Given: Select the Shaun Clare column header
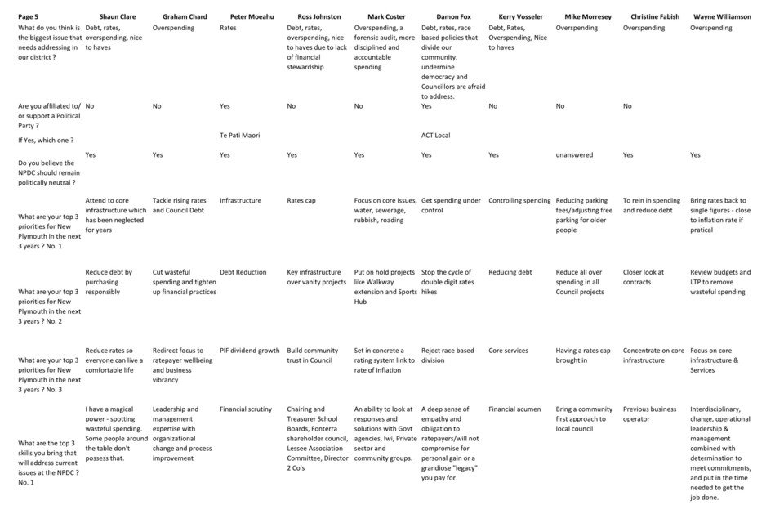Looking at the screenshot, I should (x=118, y=16).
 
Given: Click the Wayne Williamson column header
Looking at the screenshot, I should (x=722, y=16).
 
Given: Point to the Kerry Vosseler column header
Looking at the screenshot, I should (x=520, y=16).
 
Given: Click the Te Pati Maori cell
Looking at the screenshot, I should (x=240, y=136).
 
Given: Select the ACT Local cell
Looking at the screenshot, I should (x=435, y=136).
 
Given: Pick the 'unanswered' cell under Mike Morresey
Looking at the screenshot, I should (x=574, y=155).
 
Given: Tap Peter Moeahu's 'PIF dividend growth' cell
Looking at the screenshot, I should (x=249, y=351).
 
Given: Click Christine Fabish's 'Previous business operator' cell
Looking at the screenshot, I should (x=650, y=414).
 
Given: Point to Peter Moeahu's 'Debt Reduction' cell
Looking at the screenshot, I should (x=243, y=273).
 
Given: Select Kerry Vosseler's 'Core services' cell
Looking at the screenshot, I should (x=508, y=351).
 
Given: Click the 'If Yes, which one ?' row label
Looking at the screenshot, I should (x=46, y=141).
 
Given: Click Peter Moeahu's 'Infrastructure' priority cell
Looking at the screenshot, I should (x=240, y=201).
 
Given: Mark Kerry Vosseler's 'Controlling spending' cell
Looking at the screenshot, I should (x=519, y=201).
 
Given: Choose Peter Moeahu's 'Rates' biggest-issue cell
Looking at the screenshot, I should (x=228, y=28).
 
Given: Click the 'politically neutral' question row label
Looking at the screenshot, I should (x=49, y=172).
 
